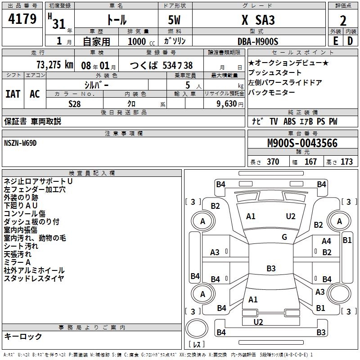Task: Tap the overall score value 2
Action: (x=343, y=20)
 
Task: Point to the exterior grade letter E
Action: (x=335, y=41)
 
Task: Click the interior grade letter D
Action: (x=350, y=41)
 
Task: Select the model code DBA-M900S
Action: (x=258, y=41)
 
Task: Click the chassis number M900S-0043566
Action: (x=302, y=144)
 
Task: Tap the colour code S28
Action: (x=75, y=103)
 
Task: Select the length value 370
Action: (x=273, y=162)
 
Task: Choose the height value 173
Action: (x=346, y=162)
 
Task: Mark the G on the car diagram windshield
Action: (x=284, y=237)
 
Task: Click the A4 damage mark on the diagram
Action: (x=326, y=242)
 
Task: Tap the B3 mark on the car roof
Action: (x=271, y=269)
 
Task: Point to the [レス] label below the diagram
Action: (x=197, y=345)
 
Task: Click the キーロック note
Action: (x=23, y=336)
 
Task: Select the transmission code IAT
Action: (x=13, y=94)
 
